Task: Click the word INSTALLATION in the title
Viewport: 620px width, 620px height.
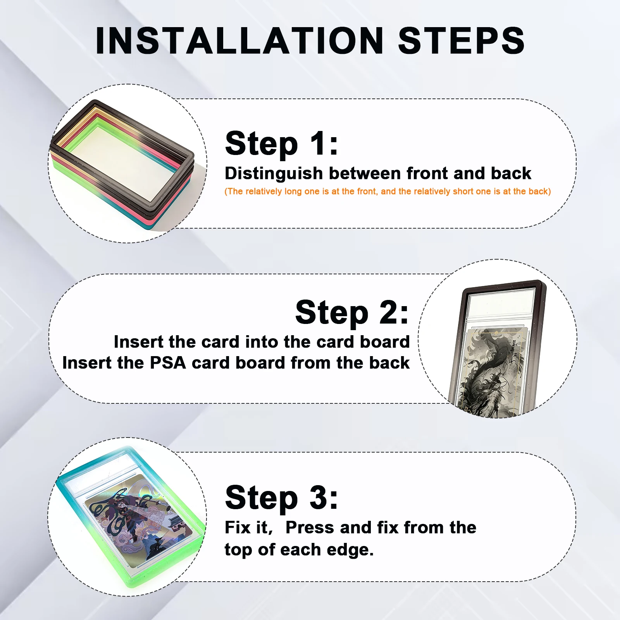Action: coord(239,41)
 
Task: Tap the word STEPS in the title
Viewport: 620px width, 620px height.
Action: coord(461,41)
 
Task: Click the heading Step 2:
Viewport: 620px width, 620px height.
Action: coord(352,312)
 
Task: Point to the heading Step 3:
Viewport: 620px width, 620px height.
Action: coord(282,498)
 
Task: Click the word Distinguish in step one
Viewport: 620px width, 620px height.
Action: coord(274,174)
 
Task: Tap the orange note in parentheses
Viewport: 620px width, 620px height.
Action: coord(387,191)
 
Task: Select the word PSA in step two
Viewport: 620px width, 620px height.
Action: coord(168,363)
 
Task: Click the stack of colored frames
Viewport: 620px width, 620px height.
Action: coord(122,165)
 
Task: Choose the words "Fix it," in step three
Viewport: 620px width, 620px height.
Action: coord(249,527)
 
